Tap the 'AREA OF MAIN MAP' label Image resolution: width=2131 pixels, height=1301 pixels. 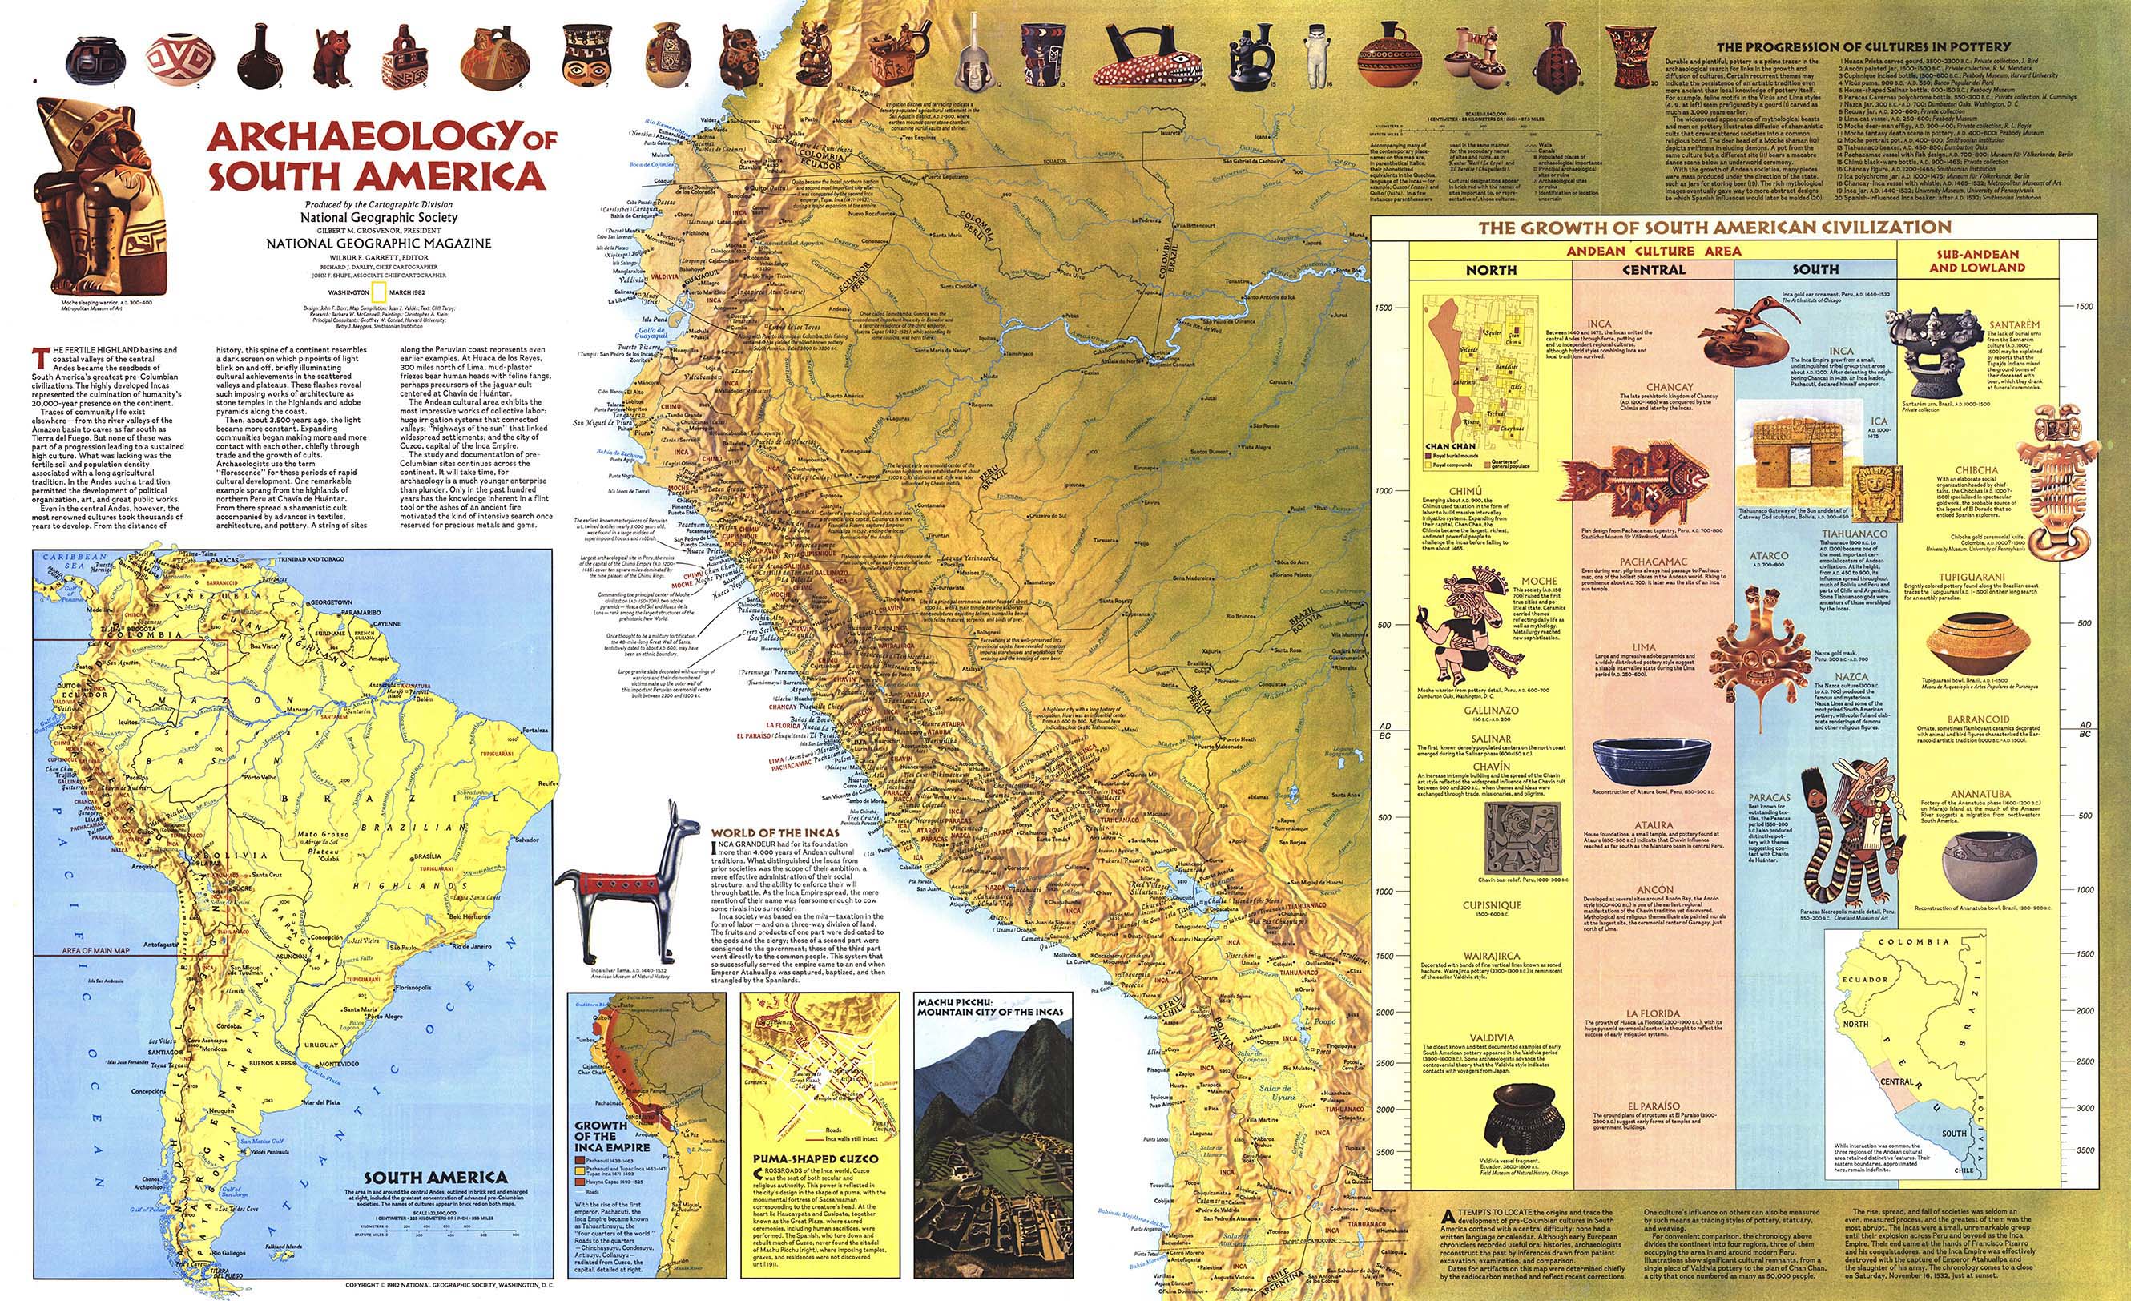pos(95,951)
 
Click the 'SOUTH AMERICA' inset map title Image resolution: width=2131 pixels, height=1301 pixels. pos(435,1178)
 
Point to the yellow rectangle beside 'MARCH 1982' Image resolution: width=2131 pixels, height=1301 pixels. pos(377,290)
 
